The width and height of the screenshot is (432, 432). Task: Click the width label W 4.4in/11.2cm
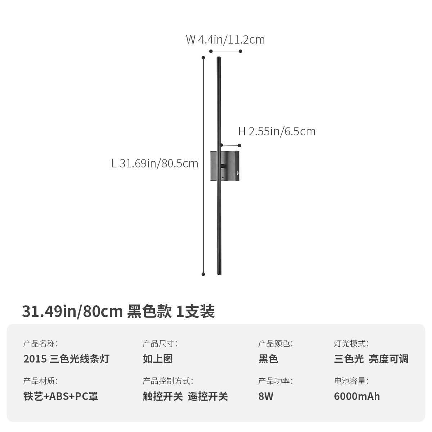pos(225,40)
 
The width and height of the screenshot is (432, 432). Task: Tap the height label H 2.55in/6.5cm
pos(277,132)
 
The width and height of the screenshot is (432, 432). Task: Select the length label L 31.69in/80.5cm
pos(155,164)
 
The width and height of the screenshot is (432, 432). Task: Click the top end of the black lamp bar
pos(219,58)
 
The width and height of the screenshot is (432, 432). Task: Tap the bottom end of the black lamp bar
pos(219,273)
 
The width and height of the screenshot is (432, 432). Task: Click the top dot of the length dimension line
pos(203,58)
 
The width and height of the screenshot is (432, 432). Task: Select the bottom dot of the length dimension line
pos(203,274)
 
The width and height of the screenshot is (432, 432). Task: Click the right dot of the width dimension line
pos(241,51)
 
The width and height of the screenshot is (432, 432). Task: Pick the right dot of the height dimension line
pos(240,145)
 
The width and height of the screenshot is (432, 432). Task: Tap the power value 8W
pos(266,396)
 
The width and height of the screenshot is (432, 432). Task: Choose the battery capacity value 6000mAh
pos(357,396)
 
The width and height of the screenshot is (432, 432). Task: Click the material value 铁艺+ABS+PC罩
pos(60,396)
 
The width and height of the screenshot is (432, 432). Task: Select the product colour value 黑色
pos(268,359)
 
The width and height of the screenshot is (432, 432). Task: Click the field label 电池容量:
pos(351,381)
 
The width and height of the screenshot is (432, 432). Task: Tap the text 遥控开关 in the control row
pos(208,396)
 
